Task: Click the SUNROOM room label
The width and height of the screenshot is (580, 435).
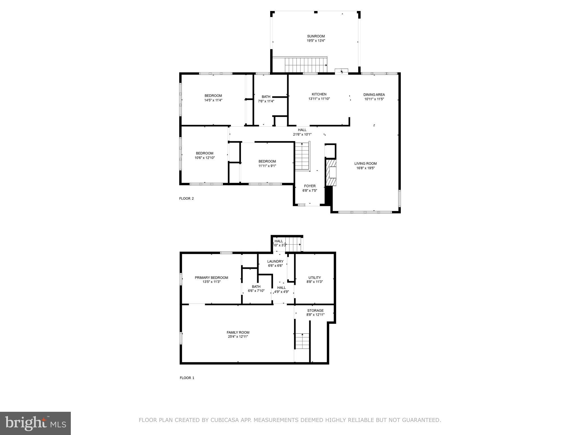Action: coord(316,36)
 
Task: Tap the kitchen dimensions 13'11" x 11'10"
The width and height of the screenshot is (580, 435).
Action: coord(319,99)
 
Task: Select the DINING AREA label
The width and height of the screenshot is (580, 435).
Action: coord(374,95)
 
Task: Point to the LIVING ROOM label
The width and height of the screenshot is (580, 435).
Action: coord(365,163)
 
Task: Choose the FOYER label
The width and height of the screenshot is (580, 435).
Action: coord(310,186)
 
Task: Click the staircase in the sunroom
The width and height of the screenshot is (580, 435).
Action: coord(306,65)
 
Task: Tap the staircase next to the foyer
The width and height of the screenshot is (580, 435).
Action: coord(302,156)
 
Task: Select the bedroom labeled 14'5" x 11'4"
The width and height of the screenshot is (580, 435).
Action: coord(213,98)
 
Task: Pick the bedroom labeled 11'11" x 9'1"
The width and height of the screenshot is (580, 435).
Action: coord(267,163)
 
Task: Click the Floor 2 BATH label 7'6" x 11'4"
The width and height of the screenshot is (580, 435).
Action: coord(266,97)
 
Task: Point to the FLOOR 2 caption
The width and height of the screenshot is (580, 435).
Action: coord(186,199)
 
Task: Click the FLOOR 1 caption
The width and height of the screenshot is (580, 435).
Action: coord(187,378)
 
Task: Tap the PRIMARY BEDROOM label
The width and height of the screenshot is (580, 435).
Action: coord(211,278)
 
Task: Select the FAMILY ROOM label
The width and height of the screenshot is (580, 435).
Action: coord(238,332)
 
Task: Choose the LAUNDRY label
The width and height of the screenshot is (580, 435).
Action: coord(275,261)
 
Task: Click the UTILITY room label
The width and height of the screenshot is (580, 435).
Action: coord(314,278)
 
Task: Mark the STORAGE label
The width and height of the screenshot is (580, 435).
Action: coord(315,311)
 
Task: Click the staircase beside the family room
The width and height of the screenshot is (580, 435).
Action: coord(302,341)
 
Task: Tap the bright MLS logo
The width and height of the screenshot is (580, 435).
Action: coord(35,423)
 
